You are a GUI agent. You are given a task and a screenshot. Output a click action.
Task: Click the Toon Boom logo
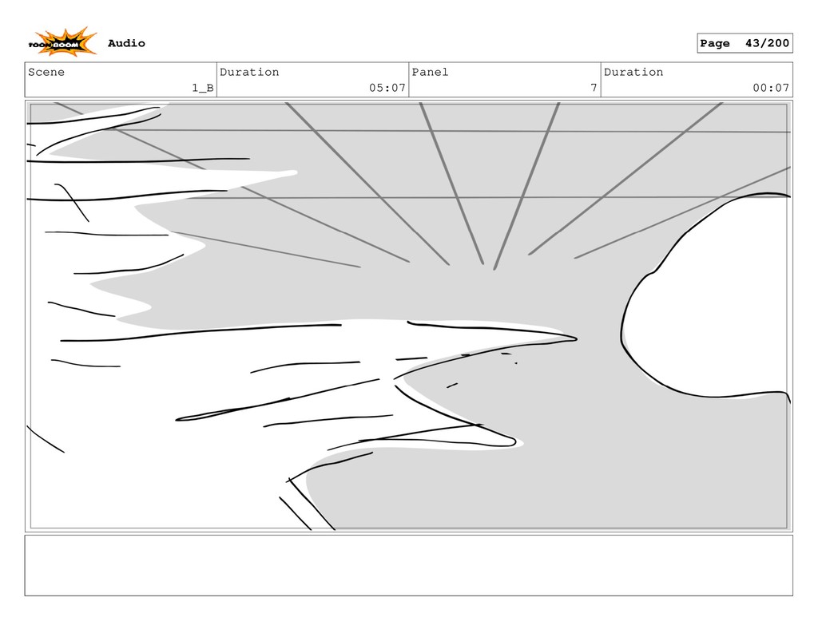[x=62, y=42]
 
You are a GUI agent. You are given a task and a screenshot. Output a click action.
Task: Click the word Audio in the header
[x=126, y=43]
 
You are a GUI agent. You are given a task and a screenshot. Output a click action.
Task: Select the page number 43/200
[x=767, y=43]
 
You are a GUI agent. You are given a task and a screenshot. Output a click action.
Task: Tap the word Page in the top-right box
[x=715, y=43]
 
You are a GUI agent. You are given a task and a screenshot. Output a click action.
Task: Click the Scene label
[x=46, y=72]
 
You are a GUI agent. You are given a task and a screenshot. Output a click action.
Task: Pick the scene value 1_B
[x=202, y=88]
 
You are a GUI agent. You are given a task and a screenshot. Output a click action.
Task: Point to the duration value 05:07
[x=387, y=88]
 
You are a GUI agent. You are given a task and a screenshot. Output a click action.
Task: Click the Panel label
[x=430, y=72]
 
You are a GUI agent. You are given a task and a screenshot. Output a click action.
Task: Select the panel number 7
[x=594, y=88]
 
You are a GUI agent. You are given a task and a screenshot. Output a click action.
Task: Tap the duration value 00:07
[x=771, y=88]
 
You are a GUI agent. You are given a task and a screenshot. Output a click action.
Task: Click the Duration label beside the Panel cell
[x=633, y=72]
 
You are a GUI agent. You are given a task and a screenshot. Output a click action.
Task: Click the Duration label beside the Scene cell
[x=249, y=72]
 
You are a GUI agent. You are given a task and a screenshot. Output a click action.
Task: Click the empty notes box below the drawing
[x=408, y=565]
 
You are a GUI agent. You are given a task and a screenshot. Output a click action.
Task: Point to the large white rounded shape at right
[x=711, y=303]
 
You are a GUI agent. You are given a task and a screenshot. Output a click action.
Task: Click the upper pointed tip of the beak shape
[x=574, y=339]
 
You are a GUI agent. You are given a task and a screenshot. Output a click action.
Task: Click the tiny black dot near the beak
[x=516, y=363]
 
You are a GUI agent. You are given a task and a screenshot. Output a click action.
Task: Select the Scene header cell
[x=121, y=80]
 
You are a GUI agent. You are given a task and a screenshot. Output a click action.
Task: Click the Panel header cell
[x=504, y=80]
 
